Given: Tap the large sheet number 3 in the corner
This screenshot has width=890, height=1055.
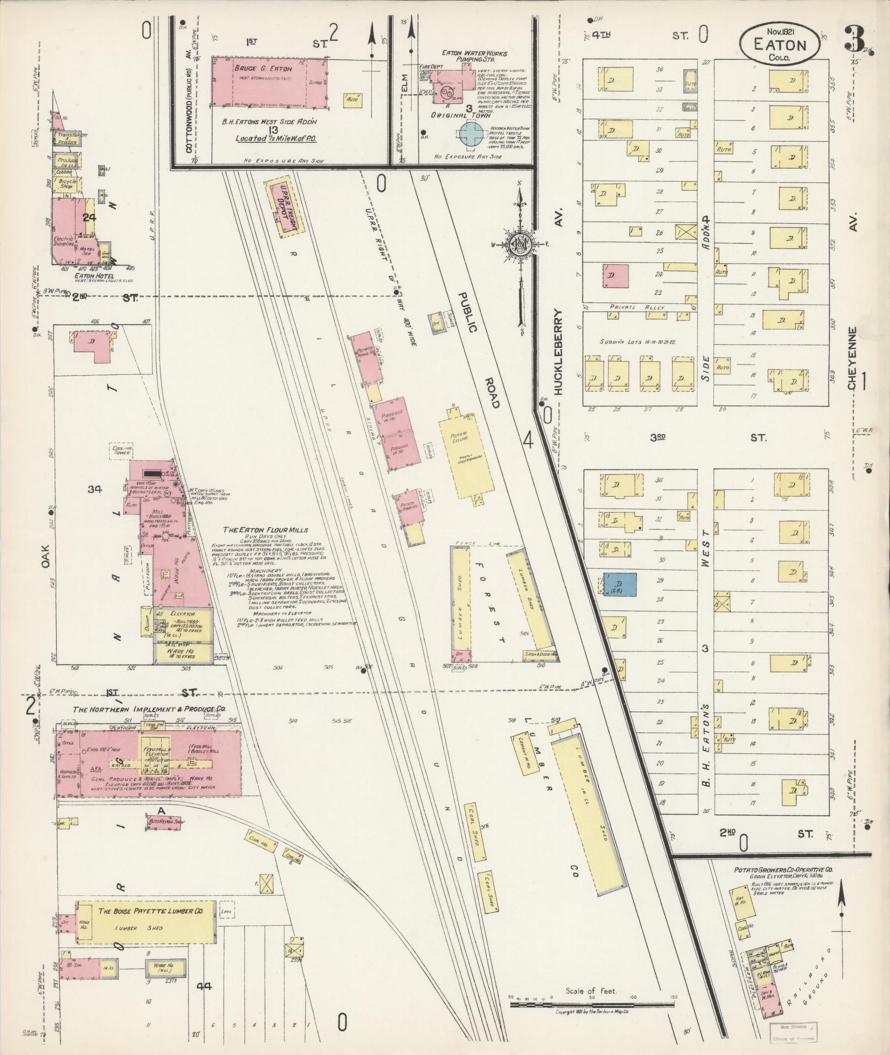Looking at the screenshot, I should click(855, 39).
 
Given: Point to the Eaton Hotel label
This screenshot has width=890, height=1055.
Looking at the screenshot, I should click(82, 276).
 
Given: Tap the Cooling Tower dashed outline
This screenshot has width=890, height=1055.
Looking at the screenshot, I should click(122, 451).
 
